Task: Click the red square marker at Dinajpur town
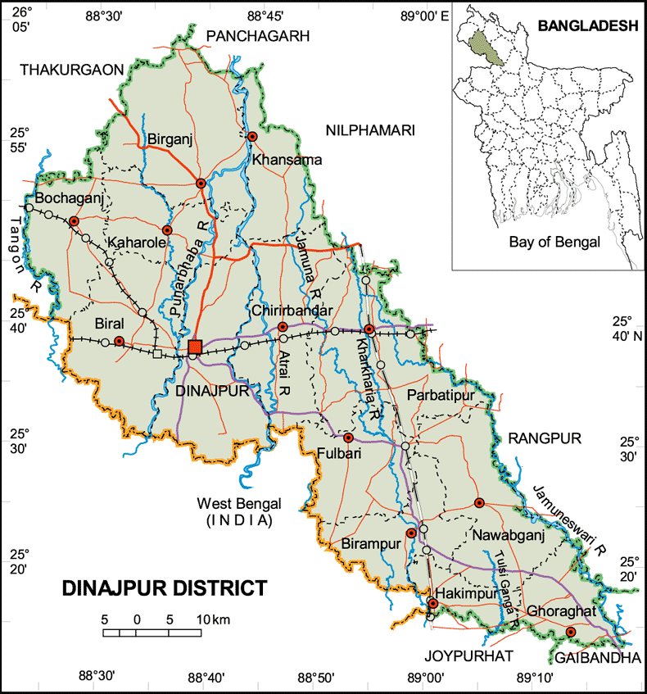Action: (x=195, y=346)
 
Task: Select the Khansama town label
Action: (x=287, y=159)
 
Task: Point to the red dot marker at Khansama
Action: (x=253, y=136)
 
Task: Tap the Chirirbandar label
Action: (x=292, y=311)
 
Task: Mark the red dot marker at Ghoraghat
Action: (x=571, y=632)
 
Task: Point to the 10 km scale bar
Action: (x=152, y=632)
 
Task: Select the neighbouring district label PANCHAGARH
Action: (x=259, y=35)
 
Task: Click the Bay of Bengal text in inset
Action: (x=554, y=242)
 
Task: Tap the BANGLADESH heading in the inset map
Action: (x=587, y=26)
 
